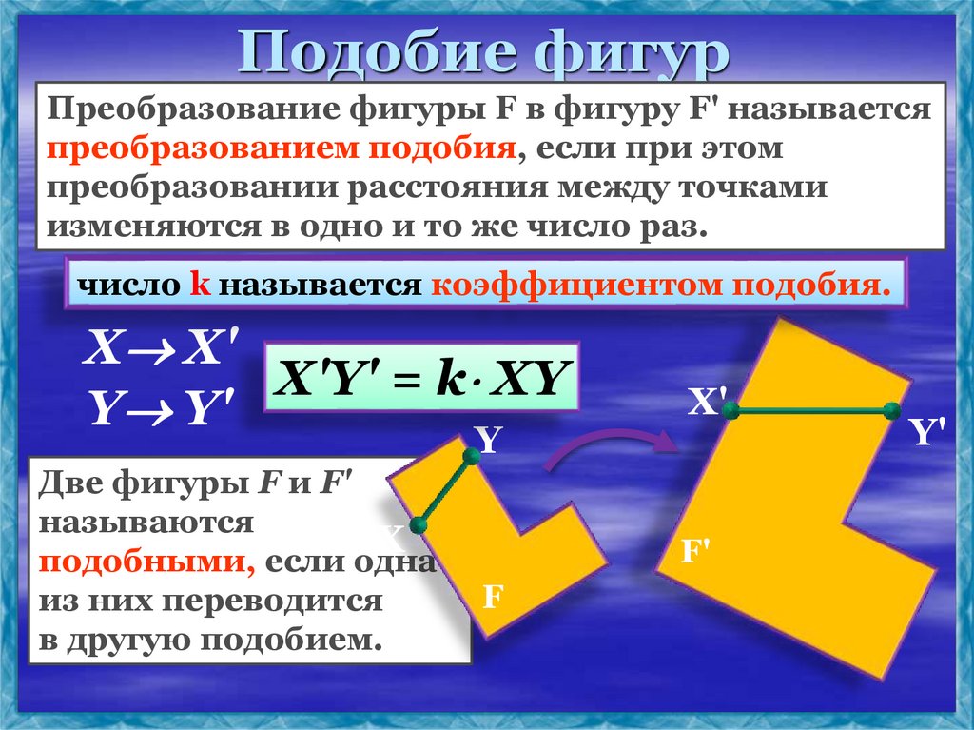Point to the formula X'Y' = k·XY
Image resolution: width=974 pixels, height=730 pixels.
point(420,379)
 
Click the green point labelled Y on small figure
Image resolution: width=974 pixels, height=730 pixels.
point(471,457)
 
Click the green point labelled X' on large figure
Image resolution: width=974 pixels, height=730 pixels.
point(731,411)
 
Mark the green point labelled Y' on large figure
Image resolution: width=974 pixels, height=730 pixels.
point(891,411)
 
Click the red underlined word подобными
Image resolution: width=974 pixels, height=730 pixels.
point(144,562)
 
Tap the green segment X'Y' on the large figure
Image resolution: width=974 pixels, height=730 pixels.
point(811,411)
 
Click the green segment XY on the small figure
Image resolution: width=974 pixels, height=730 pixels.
point(444,491)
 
